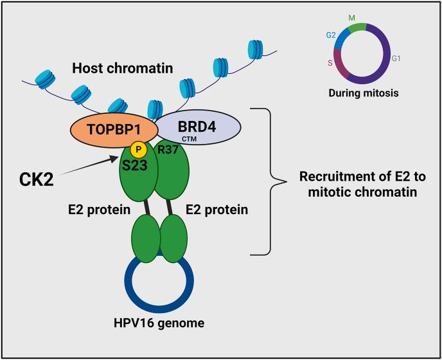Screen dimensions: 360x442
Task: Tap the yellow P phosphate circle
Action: point(137,149)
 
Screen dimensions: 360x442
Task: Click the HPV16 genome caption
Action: point(158,323)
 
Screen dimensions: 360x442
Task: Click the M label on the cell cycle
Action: point(351,16)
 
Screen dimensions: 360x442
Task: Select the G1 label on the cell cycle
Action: point(396,58)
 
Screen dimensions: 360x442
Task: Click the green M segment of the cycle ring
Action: point(357,27)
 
